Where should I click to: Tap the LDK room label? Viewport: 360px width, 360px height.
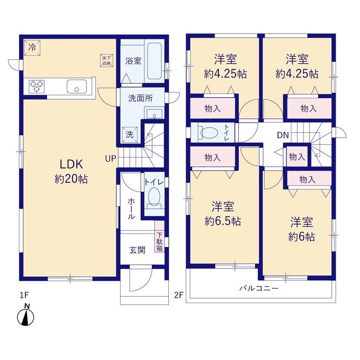71,164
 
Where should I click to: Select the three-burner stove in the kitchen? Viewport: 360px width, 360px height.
37,86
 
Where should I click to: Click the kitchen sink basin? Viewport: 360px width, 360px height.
77,86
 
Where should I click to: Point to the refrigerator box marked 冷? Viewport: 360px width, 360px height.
33,48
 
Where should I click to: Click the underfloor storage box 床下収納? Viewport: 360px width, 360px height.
107,61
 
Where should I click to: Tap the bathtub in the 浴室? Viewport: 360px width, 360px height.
154,61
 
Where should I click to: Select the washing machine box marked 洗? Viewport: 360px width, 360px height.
130,135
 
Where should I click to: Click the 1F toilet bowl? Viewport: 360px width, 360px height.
154,197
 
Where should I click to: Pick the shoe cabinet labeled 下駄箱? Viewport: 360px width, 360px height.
160,236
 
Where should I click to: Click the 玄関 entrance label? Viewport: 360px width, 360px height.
137,250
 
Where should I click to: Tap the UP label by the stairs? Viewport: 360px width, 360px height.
110,158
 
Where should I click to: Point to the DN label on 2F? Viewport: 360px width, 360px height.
283,135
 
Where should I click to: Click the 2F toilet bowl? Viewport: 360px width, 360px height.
208,133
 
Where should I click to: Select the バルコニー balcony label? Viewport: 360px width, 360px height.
259,288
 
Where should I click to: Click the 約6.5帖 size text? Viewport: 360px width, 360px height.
223,221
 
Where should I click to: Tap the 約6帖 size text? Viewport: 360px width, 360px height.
302,237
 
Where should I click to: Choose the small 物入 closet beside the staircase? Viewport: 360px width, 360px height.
297,157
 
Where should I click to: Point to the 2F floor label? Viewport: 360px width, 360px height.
179,295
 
